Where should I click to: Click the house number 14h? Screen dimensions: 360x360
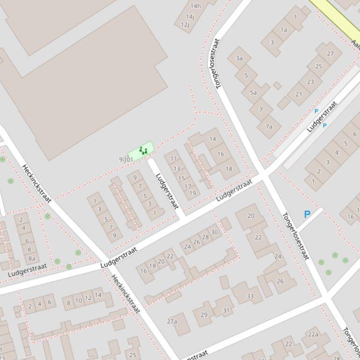(196, 6)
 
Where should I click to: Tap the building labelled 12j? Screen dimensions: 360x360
(185, 25)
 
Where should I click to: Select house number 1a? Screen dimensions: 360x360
(284, 30)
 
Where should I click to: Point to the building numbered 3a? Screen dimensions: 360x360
(239, 58)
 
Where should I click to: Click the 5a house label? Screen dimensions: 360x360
(253, 93)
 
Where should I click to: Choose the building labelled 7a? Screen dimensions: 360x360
(269, 127)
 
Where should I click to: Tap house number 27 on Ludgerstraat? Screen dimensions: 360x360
(331, 54)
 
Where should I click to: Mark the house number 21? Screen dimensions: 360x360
(299, 94)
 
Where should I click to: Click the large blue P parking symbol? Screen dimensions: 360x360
(307, 215)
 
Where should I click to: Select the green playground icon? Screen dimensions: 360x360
(143, 151)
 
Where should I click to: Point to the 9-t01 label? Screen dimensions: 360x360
(126, 159)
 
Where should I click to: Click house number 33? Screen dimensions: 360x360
(250, 296)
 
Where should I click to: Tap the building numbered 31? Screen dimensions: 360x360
(226, 310)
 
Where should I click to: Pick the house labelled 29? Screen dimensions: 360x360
(204, 315)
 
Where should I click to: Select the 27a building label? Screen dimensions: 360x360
(172, 321)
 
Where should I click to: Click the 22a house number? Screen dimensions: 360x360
(313, 334)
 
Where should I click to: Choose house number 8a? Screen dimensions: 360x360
(31, 258)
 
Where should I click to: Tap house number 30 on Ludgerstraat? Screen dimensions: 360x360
(214, 232)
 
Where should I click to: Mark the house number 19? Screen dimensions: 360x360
(192, 193)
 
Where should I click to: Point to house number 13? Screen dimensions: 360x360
(177, 169)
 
